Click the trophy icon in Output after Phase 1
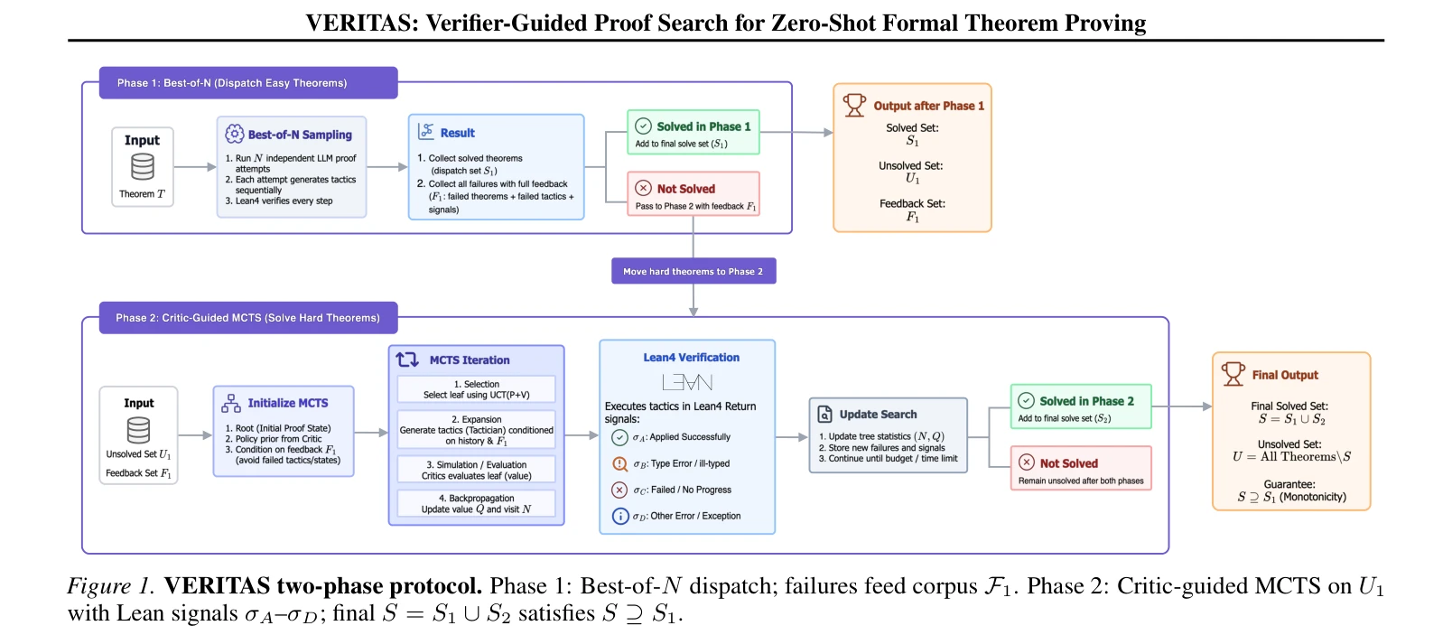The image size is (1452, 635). click(x=853, y=105)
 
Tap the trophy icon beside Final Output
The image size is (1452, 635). click(x=1233, y=374)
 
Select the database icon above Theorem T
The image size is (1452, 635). click(x=143, y=167)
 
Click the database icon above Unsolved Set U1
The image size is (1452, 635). click(x=139, y=430)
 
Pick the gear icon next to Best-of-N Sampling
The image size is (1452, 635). click(x=234, y=135)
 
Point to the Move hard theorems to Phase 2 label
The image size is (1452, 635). click(x=693, y=271)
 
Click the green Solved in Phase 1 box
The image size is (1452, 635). click(x=693, y=132)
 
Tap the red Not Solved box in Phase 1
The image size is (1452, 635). click(x=693, y=194)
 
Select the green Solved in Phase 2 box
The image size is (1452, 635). click(x=1081, y=406)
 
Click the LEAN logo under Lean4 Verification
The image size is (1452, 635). click(x=687, y=383)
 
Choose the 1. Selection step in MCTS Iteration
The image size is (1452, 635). click(x=477, y=389)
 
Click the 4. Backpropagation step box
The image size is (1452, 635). click(x=477, y=503)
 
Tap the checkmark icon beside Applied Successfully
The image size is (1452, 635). click(x=619, y=437)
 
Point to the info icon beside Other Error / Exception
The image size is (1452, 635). click(x=620, y=517)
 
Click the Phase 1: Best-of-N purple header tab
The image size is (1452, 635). click(x=248, y=83)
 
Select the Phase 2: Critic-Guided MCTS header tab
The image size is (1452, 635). click(x=248, y=318)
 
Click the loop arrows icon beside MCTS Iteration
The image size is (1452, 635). click(x=408, y=360)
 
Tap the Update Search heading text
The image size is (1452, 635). click(x=878, y=415)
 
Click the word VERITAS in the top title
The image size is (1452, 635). click(x=358, y=23)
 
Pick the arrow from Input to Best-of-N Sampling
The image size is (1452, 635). click(x=195, y=167)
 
